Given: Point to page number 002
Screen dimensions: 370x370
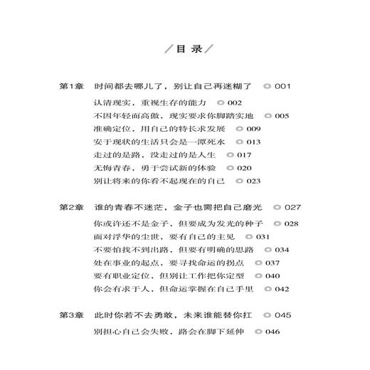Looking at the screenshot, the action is point(215,103).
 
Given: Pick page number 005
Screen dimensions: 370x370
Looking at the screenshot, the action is point(281,116).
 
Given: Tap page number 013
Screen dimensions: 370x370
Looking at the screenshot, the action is point(253,142).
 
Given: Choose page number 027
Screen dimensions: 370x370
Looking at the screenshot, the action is point(293,207).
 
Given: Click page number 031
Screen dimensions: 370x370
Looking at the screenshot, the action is point(263,237).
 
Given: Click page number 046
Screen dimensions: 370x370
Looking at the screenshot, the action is point(254,331).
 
